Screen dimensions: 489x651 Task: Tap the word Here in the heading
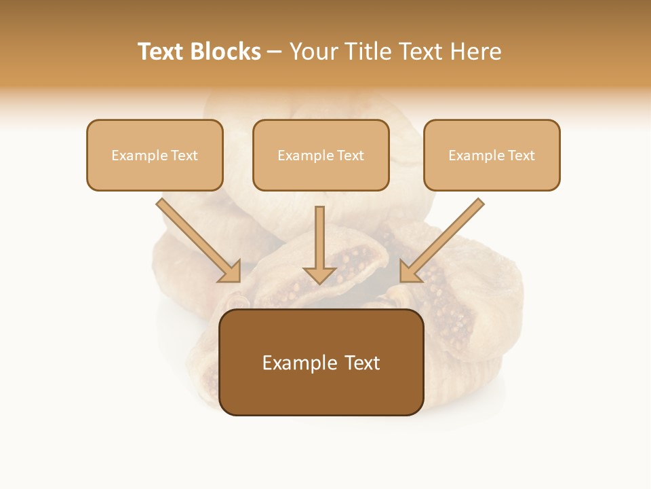click(x=476, y=52)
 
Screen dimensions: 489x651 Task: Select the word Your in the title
click(x=312, y=52)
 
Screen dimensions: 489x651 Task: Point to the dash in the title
click(x=275, y=52)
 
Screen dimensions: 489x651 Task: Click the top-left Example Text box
click(x=155, y=155)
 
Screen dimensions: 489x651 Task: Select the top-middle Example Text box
click(x=321, y=155)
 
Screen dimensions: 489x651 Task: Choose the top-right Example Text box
click(x=492, y=155)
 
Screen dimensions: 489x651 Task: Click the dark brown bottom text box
click(x=321, y=363)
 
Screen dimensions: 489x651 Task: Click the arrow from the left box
click(x=197, y=238)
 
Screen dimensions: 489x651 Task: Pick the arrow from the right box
click(x=443, y=238)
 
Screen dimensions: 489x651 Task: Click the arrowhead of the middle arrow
click(x=319, y=274)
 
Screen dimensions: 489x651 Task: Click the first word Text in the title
click(x=161, y=52)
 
